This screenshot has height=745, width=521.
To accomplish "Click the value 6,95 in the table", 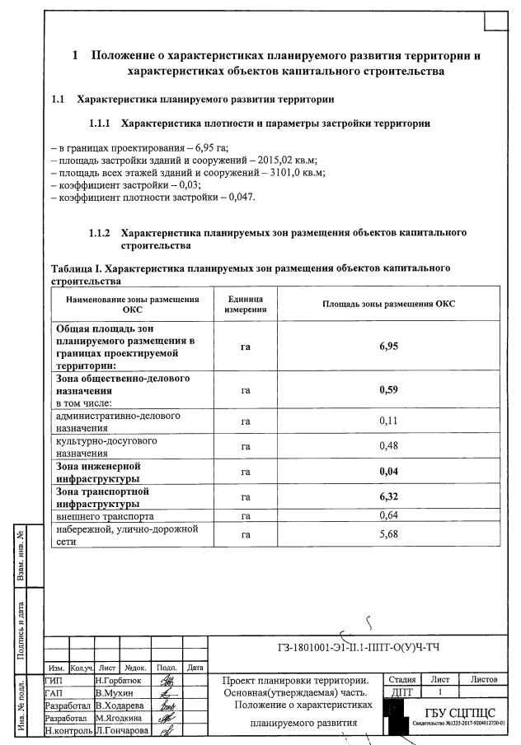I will (x=388, y=347).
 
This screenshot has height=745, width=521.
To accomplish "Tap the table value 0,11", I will (x=388, y=421).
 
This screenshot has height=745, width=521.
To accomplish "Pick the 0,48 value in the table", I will (x=388, y=446).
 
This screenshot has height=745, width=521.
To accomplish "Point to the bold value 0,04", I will (x=388, y=472).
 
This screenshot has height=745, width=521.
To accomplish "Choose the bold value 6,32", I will (x=388, y=497).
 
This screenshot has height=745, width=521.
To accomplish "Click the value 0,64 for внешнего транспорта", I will (x=388, y=515).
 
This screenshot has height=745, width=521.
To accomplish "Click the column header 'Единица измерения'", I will (x=245, y=304).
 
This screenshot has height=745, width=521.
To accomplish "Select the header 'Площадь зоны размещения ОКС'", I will (x=388, y=304).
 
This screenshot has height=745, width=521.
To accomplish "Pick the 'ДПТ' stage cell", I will (x=401, y=693).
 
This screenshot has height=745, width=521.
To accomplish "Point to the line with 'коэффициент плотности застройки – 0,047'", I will (x=153, y=198).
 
